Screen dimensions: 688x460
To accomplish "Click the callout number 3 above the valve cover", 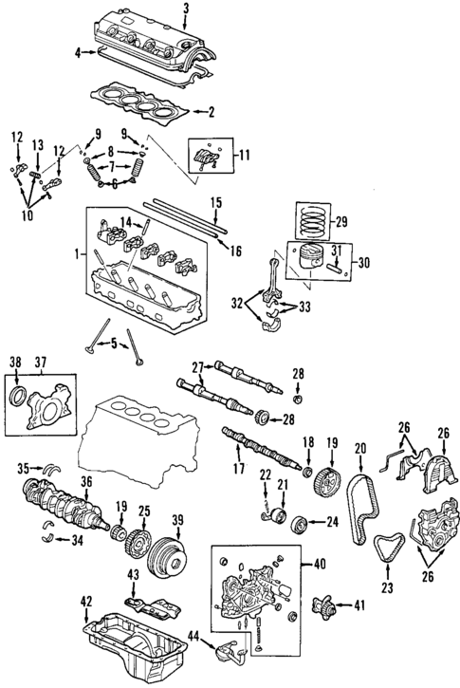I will pyautogui.click(x=186, y=9).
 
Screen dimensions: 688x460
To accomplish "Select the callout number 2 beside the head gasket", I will pyautogui.click(x=212, y=112).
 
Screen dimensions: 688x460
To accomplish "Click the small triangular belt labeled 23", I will pyautogui.click(x=386, y=549).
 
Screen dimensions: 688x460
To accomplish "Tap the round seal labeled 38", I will pyautogui.click(x=19, y=397).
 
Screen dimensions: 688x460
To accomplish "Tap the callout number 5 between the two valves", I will pyautogui.click(x=114, y=343).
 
